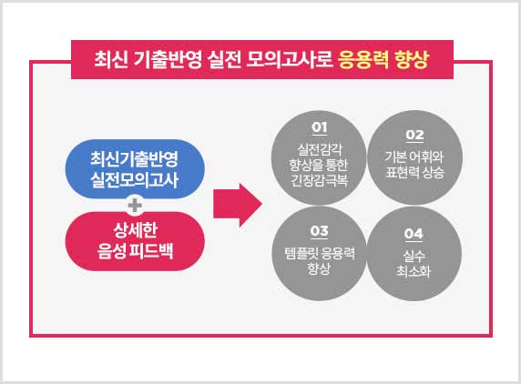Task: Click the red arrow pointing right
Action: pos(238,205)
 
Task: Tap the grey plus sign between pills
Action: pos(135,205)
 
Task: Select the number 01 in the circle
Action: pos(320,127)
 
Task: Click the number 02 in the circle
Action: pos(414,135)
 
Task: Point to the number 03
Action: pos(319,230)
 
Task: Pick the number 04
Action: pos(414,234)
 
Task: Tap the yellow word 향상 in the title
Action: pos(412,60)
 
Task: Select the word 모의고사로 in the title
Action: pos(289,60)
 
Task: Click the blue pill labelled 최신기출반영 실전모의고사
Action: pos(135,169)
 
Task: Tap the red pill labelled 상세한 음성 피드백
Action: pos(135,241)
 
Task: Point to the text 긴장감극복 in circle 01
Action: pos(320,180)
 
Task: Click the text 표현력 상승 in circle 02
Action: pos(414,172)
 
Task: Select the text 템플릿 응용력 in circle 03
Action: pos(320,253)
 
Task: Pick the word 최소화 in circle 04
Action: pos(414,271)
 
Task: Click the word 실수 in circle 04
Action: pos(414,256)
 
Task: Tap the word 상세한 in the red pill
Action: pos(135,230)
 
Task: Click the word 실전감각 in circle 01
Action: pos(320,149)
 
